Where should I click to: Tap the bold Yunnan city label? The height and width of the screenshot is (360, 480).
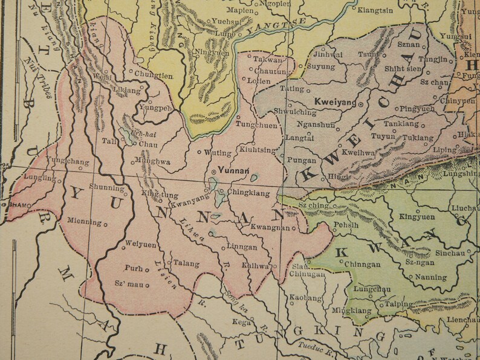point(233,170)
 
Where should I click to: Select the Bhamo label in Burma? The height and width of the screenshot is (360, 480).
point(19,205)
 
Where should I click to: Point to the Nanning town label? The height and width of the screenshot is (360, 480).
point(432,278)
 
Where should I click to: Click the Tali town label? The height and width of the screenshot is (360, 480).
point(109,141)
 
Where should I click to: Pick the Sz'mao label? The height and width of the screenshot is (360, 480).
point(128,283)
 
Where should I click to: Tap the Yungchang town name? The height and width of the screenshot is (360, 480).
point(68,162)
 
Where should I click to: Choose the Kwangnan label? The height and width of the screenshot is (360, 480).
point(270,228)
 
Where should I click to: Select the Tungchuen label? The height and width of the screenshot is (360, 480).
point(256,126)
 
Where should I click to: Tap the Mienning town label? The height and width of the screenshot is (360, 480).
point(84,221)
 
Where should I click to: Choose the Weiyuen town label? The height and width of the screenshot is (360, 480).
point(140,245)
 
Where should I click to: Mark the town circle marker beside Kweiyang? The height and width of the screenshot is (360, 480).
point(361,104)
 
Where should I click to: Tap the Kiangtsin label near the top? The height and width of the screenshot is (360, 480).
point(374,10)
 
